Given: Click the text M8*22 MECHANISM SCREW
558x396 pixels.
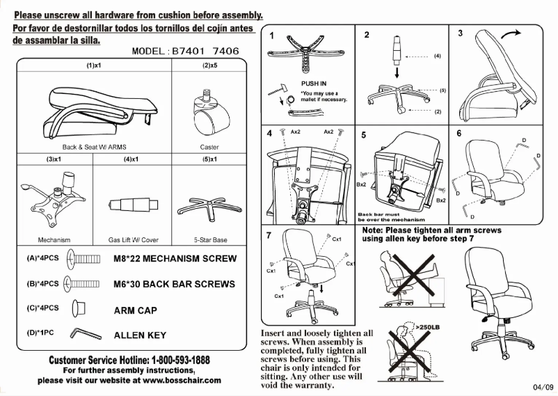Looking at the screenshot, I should click(x=175, y=259).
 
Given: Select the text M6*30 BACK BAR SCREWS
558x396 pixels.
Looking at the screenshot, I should click(x=174, y=284).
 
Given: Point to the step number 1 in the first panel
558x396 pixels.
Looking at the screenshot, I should click(x=271, y=35).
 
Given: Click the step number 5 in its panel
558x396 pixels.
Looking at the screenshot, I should click(x=363, y=135).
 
